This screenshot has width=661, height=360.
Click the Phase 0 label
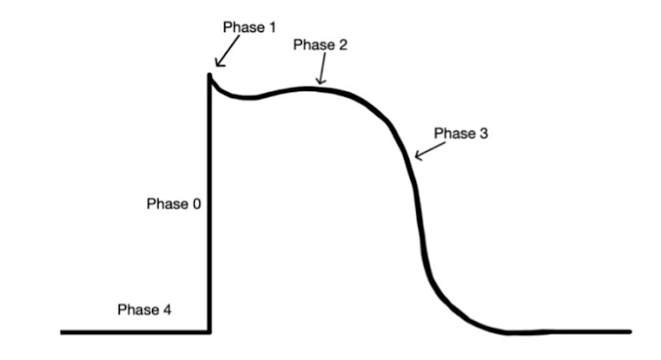(173, 204)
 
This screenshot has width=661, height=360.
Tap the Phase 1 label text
(249, 28)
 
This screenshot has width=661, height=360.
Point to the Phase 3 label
(461, 133)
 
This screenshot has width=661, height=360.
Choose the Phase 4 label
(145, 310)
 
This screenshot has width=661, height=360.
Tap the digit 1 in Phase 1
(272, 28)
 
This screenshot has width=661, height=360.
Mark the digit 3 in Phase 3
(483, 133)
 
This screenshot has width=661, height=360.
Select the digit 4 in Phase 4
(167, 310)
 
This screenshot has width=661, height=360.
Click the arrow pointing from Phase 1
(225, 54)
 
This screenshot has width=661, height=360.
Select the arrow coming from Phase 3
(430, 150)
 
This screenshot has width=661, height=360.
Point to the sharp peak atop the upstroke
(210, 76)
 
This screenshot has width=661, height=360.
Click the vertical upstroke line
(210, 205)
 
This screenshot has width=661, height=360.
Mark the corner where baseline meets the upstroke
(210, 332)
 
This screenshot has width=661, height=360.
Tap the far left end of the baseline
(63, 332)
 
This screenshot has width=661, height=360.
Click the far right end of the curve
(629, 331)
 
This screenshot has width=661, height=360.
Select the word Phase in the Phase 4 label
(138, 310)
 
